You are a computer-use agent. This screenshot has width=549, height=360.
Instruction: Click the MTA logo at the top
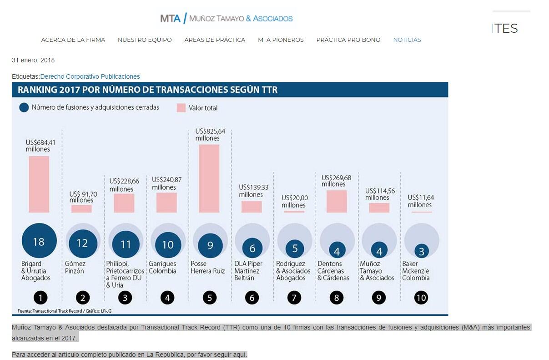pos(226,18)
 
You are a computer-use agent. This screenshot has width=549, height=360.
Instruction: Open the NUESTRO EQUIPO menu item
pos(145,40)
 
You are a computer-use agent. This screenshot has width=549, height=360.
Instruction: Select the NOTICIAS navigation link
pos(407,40)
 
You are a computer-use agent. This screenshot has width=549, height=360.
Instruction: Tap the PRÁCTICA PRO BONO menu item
pos(348,40)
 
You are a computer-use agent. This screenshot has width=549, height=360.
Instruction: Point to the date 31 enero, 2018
pos(33,60)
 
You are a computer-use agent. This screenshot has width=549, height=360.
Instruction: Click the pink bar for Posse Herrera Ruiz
pos(209,178)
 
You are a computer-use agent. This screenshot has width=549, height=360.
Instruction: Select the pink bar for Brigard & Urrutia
pos(39,184)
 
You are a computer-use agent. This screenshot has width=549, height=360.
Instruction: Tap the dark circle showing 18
pos(39,241)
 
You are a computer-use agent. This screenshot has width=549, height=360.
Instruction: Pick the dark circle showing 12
pos(82,243)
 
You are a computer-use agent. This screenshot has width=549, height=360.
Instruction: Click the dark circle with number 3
pos(421,251)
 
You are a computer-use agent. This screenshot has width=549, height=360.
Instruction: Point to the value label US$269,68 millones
pos(336,181)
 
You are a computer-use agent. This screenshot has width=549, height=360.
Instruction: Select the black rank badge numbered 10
pos(421,298)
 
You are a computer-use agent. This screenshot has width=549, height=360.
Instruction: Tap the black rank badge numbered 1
pos(40,298)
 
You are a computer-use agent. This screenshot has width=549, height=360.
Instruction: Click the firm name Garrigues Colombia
pos(162,267)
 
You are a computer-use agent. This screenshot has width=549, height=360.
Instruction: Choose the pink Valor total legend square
pos(181,108)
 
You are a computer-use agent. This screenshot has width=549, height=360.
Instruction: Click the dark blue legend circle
pos(24,108)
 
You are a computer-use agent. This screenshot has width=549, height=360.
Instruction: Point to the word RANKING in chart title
pos(37,90)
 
